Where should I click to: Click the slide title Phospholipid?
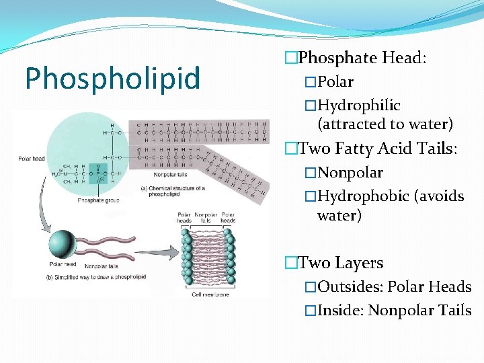pos(112,78)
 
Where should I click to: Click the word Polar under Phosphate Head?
pos(335,82)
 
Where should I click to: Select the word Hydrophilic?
pos(359,106)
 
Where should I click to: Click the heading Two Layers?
pos(340,263)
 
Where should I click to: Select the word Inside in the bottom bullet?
pos(340,311)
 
